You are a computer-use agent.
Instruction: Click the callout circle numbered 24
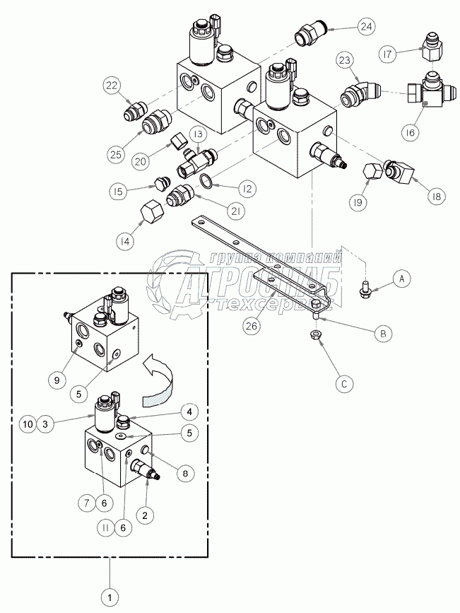pyautogui.click(x=366, y=28)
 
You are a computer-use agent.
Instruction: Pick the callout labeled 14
pyautogui.click(x=125, y=240)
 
